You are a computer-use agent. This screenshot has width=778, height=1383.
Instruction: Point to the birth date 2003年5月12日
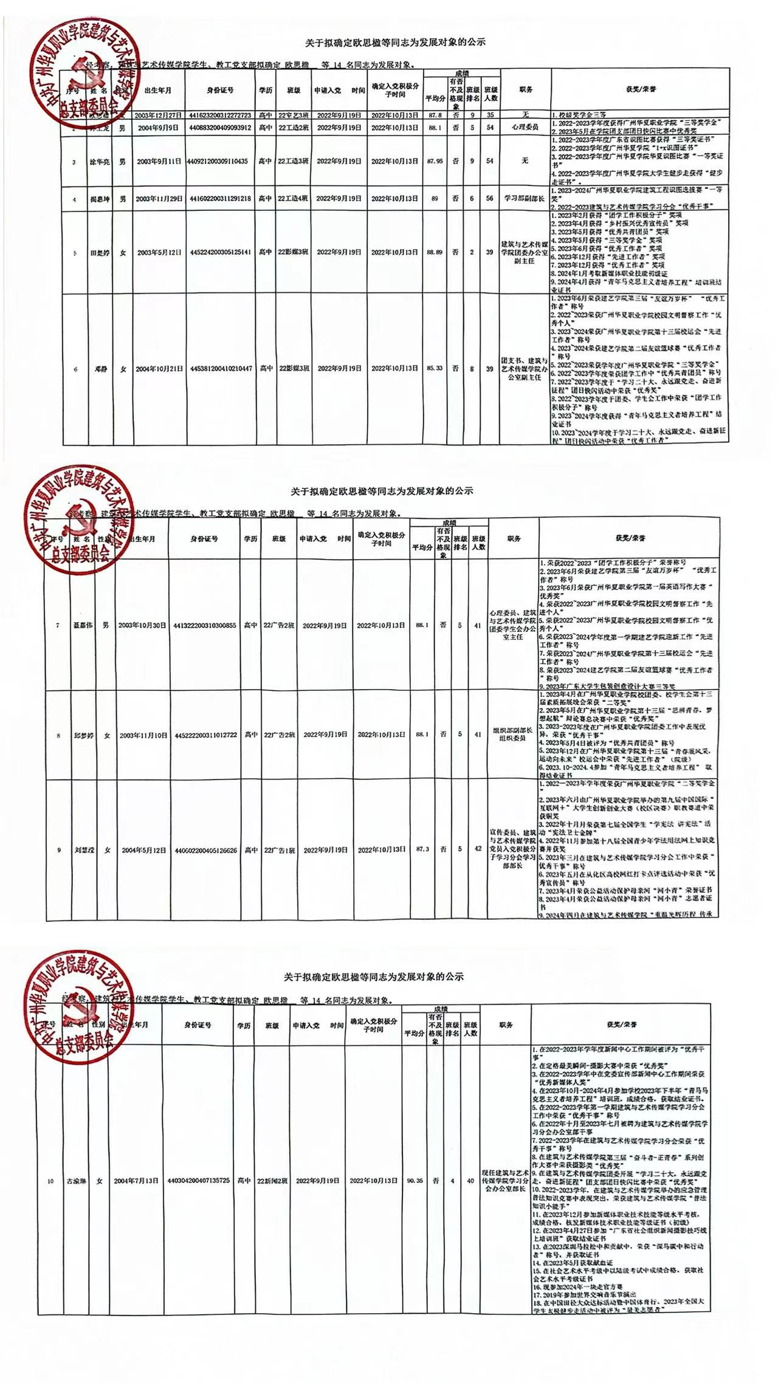pos(159,252)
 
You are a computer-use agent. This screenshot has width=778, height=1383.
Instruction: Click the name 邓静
pos(95,369)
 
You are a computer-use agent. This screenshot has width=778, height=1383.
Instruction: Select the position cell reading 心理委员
pos(526,128)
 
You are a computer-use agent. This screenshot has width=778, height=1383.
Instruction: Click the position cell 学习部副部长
pos(526,199)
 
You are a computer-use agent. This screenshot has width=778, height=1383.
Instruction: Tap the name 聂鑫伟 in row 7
pos(82,625)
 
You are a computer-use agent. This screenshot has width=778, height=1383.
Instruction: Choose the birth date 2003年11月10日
pos(143,735)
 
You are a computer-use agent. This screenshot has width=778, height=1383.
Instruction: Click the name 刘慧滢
pos(82,850)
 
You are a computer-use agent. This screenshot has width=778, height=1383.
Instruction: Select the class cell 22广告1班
pos(280,850)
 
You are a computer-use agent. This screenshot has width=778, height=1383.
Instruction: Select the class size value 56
pos(490,199)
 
